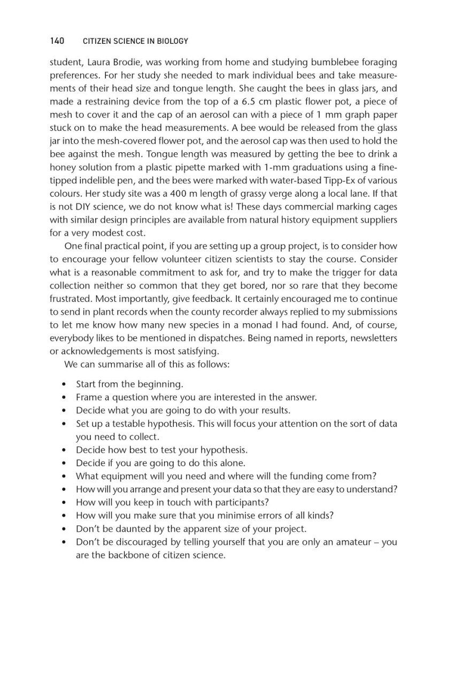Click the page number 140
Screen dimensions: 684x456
pyautogui.click(x=57, y=41)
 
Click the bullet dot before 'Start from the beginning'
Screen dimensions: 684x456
pyautogui.click(x=64, y=384)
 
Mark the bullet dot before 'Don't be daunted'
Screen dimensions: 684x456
pyautogui.click(x=64, y=529)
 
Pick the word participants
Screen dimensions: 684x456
pyautogui.click(x=236, y=502)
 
